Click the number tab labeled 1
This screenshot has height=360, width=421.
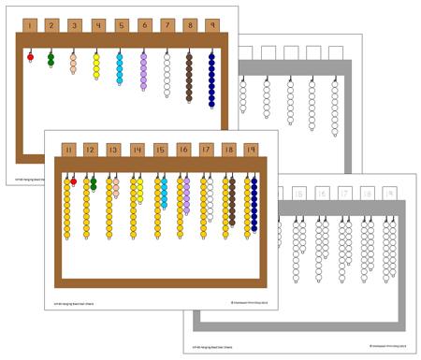(29, 25)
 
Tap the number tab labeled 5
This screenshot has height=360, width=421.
(120, 25)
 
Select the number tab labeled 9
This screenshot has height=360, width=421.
(211, 25)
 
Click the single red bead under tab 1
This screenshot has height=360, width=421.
(30, 57)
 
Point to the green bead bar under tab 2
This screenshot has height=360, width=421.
(51, 61)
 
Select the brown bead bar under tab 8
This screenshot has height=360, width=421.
(189, 73)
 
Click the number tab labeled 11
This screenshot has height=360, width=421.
(67, 150)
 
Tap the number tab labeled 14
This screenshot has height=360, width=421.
(137, 150)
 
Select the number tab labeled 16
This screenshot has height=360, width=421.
(182, 150)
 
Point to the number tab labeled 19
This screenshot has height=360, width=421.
(252, 150)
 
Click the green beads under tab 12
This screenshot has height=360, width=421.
(94, 183)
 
